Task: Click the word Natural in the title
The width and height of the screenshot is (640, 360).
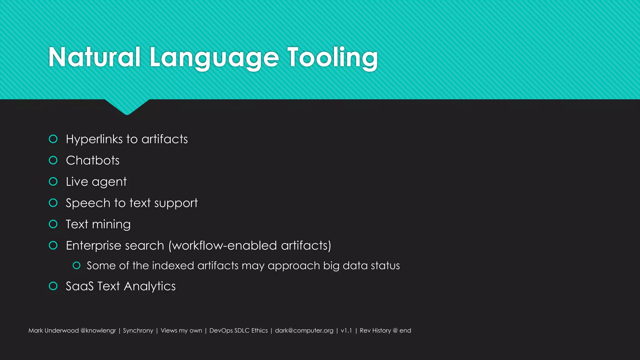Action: point(94,57)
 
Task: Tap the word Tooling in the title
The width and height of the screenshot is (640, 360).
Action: point(332,57)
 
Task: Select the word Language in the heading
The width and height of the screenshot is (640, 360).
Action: point(214,58)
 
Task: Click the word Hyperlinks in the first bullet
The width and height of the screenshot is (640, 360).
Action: point(94,139)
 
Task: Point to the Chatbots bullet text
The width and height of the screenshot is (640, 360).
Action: point(92,160)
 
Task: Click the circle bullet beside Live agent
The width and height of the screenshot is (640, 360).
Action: point(53,182)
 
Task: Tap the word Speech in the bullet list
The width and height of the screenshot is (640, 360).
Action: point(88,203)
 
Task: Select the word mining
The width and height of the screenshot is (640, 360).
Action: point(111,224)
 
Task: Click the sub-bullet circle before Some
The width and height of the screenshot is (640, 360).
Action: point(77,266)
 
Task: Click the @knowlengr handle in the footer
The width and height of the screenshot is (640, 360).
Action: point(98,331)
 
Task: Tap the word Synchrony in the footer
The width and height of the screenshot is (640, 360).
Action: point(138,331)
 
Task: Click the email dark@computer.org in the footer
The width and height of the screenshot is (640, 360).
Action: point(304,331)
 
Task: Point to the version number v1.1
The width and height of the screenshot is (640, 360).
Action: point(346,331)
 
